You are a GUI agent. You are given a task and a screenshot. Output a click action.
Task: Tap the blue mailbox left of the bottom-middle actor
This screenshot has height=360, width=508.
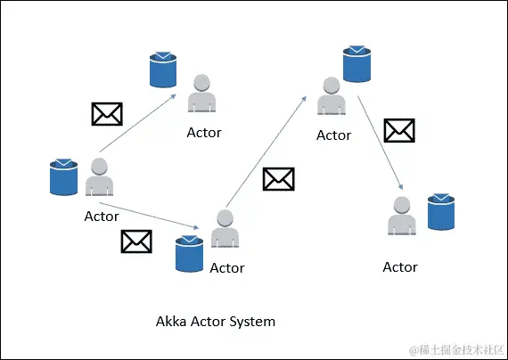point(190,253)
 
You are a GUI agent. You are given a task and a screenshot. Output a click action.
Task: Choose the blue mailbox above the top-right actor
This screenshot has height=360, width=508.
point(357,62)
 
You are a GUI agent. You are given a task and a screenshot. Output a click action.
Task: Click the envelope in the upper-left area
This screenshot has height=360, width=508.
point(107,113)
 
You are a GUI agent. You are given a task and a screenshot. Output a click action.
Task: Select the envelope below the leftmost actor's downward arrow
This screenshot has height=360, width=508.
point(135,241)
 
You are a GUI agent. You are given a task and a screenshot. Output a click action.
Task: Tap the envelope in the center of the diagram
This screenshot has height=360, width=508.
point(278,179)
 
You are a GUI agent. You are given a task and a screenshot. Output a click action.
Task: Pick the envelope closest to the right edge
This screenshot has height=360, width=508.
point(398,131)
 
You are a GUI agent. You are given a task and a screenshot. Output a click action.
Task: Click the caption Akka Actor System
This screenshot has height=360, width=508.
point(216,321)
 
